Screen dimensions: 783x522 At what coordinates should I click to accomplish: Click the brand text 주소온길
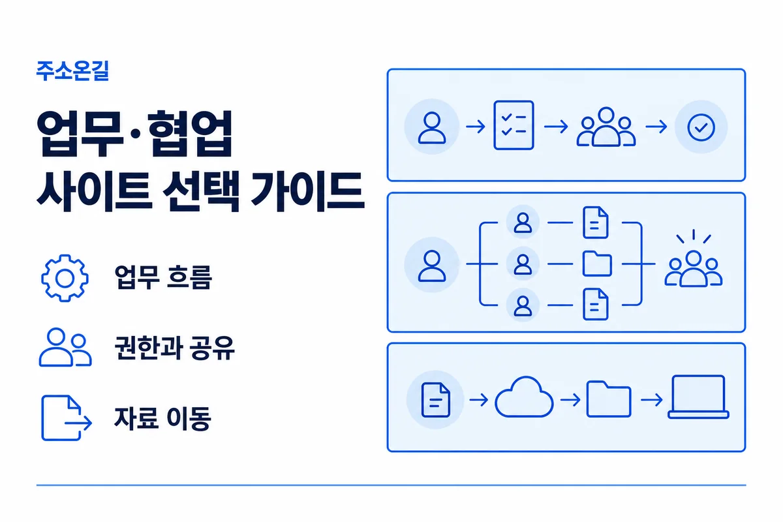click(72, 71)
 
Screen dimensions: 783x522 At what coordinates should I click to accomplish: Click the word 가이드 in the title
click(307, 191)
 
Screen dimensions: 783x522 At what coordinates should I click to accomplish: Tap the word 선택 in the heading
click(201, 191)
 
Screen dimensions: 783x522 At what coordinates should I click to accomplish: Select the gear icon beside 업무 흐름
click(65, 279)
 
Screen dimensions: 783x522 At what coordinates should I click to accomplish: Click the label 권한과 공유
click(174, 348)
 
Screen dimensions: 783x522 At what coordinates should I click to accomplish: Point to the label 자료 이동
click(162, 418)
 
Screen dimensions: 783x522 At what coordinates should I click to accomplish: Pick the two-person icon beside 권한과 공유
click(65, 347)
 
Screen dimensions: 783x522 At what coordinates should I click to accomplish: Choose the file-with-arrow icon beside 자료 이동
click(67, 418)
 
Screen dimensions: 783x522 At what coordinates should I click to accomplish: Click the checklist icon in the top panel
click(514, 125)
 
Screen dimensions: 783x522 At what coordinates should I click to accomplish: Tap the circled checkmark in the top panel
click(701, 127)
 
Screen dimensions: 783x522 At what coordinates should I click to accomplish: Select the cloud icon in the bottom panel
click(524, 397)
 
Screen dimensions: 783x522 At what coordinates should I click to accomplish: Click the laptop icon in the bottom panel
click(698, 397)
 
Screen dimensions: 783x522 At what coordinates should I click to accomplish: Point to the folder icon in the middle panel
click(597, 264)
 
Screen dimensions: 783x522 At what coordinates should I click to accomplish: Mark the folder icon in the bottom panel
click(609, 399)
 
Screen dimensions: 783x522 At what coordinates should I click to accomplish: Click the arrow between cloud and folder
click(570, 399)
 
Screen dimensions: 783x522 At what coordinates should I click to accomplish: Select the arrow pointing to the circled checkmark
click(656, 127)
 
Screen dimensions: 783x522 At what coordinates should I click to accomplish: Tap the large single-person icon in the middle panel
click(432, 266)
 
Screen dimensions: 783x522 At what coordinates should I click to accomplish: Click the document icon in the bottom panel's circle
click(436, 400)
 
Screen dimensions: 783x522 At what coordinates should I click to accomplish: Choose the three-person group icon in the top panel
click(606, 127)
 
